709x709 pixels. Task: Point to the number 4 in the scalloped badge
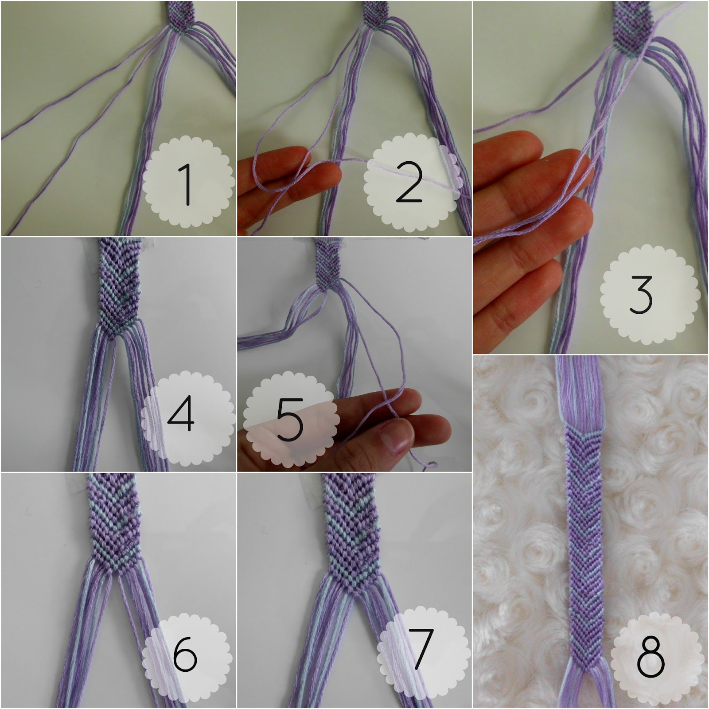(x=181, y=415)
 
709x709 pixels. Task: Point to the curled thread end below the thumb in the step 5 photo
(x=429, y=465)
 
